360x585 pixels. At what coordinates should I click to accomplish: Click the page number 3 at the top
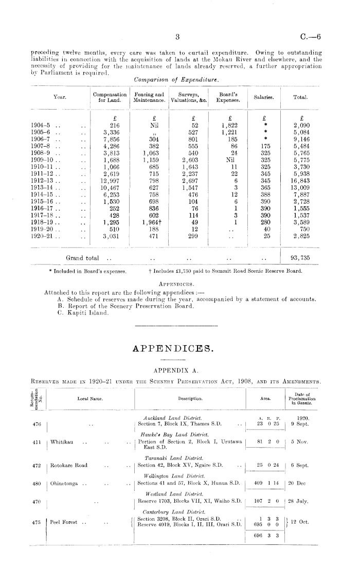tap(176, 37)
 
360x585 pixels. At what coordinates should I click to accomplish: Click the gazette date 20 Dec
tap(298, 483)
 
